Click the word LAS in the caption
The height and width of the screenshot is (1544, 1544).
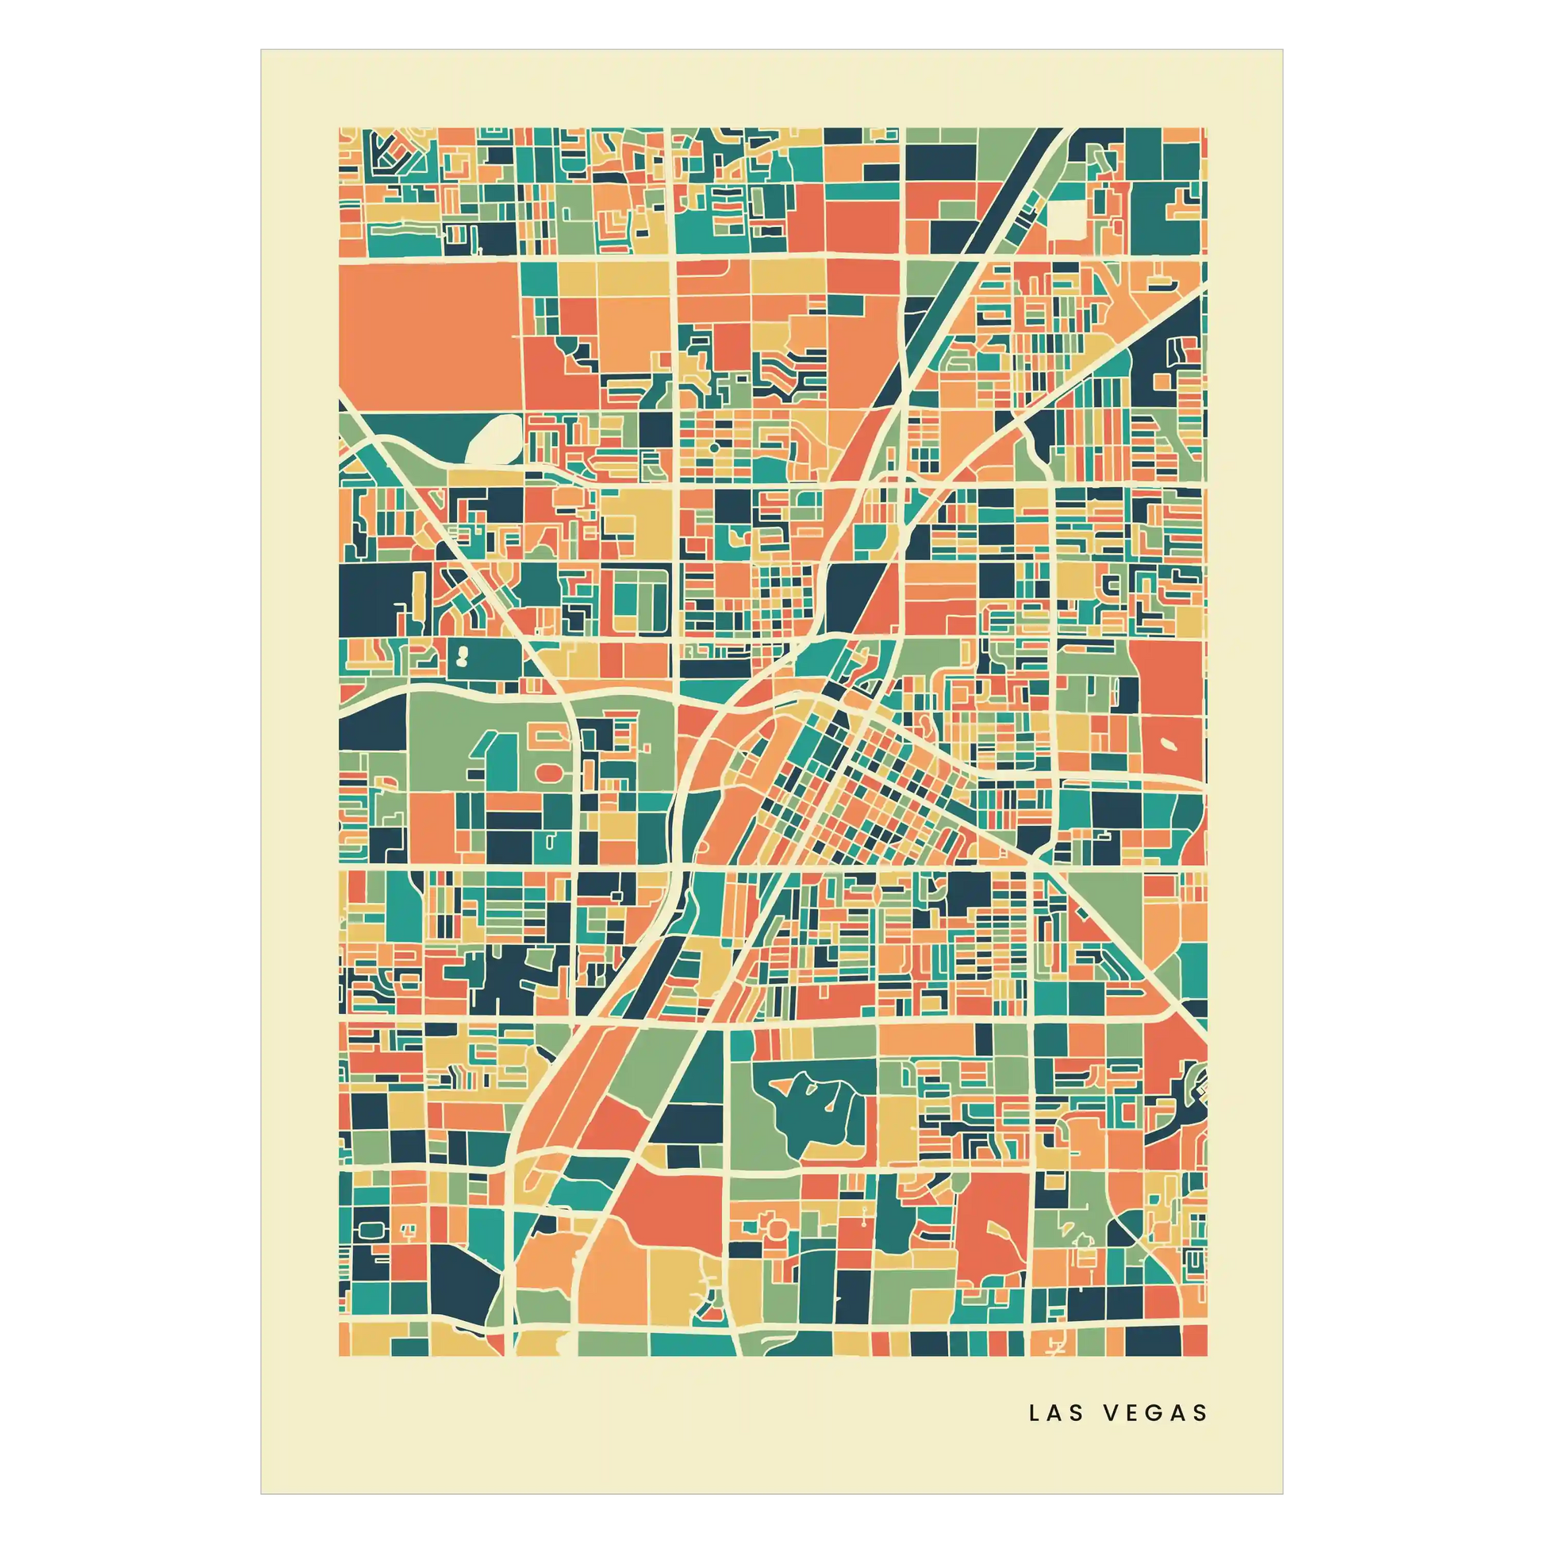(x=1057, y=1413)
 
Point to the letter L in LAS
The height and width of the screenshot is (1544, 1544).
(x=1035, y=1413)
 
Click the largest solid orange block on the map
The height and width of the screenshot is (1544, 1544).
(x=428, y=336)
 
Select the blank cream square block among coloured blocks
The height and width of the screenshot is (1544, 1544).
(x=1068, y=218)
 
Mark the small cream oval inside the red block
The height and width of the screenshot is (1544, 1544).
(x=1170, y=744)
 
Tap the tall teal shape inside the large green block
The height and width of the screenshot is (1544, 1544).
(x=485, y=755)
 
